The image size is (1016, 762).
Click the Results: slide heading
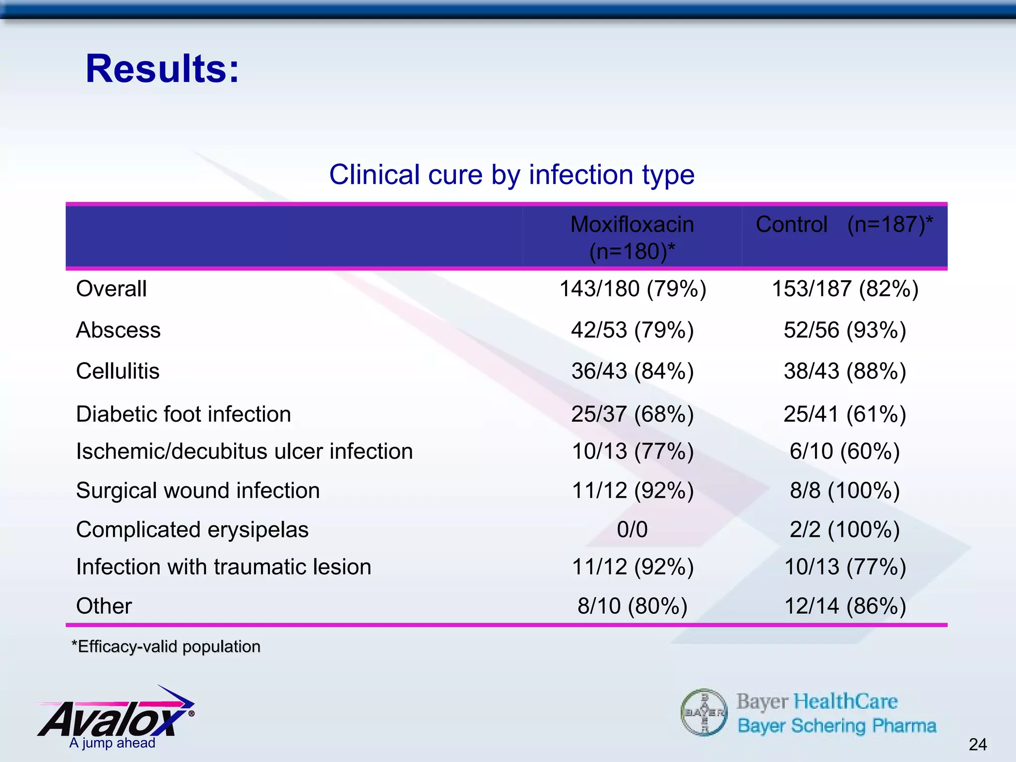pos(162,69)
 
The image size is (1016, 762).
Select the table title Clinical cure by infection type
pos(511,175)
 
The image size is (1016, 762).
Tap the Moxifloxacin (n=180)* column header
pos(632,238)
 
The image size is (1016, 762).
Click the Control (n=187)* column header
pos(844,225)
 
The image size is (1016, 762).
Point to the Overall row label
pos(111,289)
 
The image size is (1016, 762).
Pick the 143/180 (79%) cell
pos(633,289)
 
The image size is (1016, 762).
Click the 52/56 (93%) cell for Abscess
pos(844,330)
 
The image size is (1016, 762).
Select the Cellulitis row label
pos(118,371)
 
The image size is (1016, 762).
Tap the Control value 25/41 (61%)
pos(844,414)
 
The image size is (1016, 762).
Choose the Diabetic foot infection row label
pos(183,414)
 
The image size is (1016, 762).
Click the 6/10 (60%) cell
pos(844,451)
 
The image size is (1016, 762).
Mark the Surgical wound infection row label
pos(197,491)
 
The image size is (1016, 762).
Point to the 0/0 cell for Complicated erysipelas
pos(632,529)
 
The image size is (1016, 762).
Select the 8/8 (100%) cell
pos(844,491)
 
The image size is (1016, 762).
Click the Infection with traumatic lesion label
pos(223,567)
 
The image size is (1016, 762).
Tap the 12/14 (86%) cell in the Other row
pos(844,606)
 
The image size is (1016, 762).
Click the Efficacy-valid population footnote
pos(166,646)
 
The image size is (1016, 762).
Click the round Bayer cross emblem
pos(704,712)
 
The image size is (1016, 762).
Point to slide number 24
pos(977,744)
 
